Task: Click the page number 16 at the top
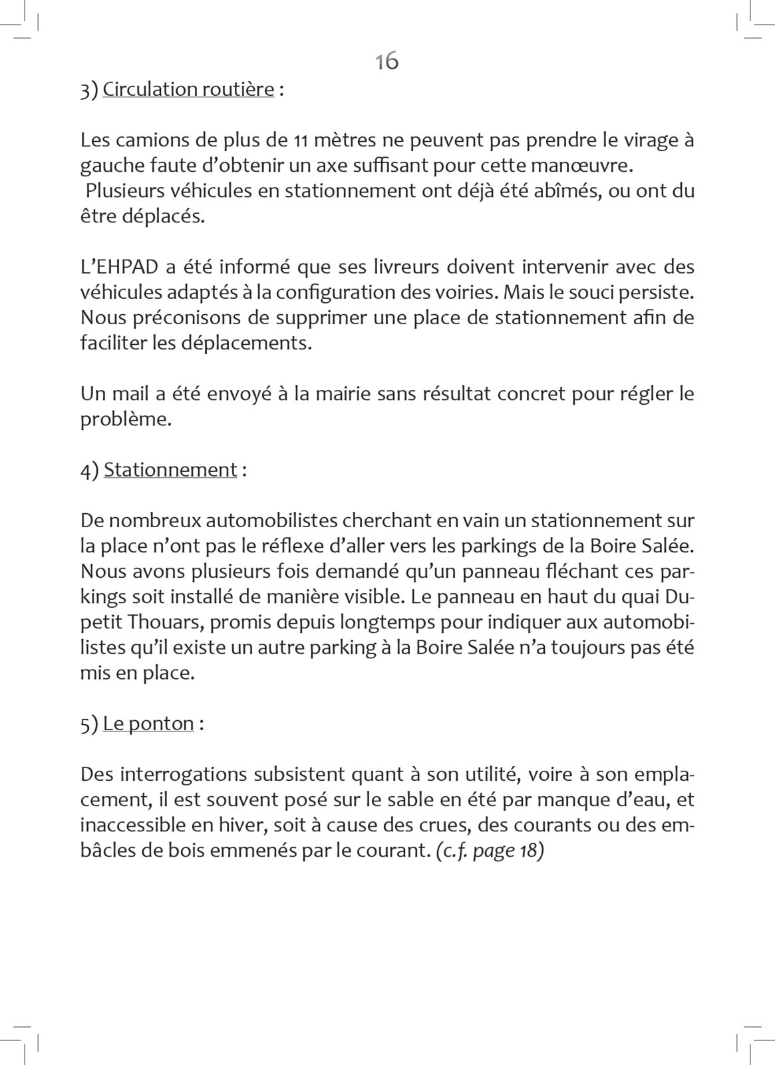(387, 61)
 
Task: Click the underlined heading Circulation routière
(188, 89)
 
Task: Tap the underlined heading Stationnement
(170, 470)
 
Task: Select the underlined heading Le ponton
(148, 724)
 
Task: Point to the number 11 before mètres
(300, 140)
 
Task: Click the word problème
(126, 419)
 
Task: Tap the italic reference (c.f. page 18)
(490, 851)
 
